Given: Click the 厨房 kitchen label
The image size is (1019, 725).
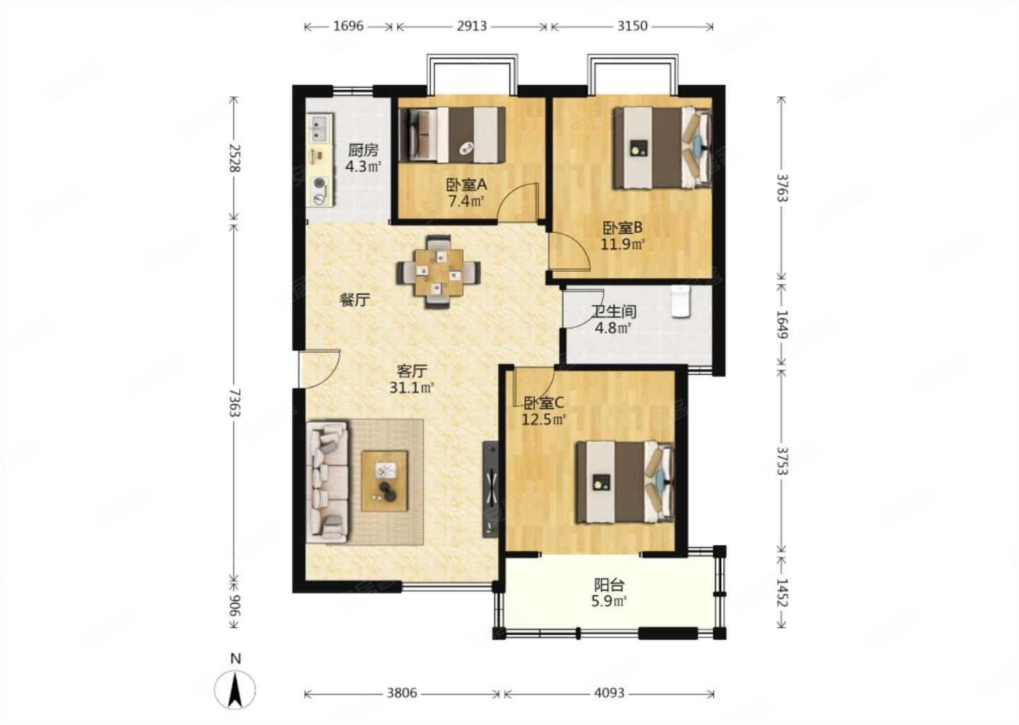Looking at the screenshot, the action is click(363, 149).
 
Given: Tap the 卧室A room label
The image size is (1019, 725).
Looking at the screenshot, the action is click(466, 185).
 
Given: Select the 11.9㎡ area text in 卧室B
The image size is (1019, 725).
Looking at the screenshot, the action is click(623, 244).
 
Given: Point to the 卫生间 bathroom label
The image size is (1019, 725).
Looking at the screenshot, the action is click(614, 312).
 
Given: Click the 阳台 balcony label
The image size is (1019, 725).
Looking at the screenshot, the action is click(609, 585).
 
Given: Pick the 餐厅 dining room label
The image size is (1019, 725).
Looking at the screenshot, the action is click(355, 300).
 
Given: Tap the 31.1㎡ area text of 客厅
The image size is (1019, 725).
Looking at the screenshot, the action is click(412, 388).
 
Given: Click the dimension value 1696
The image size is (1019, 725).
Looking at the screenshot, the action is click(348, 26).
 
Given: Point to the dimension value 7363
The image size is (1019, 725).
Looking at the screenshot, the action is click(234, 403).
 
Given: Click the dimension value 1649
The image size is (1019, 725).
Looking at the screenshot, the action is click(781, 324).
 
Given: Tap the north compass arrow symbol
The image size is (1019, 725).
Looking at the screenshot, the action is click(235, 689).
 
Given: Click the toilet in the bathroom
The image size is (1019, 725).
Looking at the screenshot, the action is click(681, 301).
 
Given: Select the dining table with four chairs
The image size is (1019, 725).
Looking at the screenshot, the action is click(438, 272).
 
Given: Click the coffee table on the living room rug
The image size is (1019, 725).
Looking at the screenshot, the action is click(384, 481).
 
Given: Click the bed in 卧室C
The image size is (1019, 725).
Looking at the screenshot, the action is click(625, 482).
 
